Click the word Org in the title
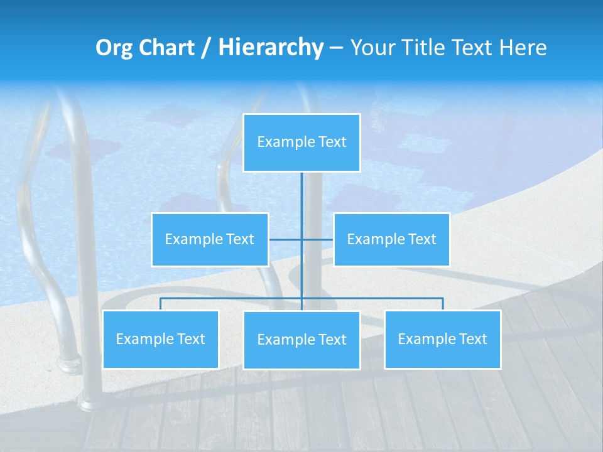(x=114, y=48)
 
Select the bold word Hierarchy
(x=271, y=48)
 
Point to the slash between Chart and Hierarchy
(x=206, y=48)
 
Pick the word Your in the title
(x=369, y=48)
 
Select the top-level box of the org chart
(x=301, y=143)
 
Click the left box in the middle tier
(x=210, y=239)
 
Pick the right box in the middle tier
(x=391, y=239)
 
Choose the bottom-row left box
(x=160, y=339)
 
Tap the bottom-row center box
(x=301, y=340)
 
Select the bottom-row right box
(x=442, y=339)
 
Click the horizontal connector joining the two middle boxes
(x=317, y=239)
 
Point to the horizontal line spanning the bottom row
(x=232, y=298)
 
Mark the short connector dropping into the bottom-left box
(x=160, y=304)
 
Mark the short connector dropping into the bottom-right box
(x=443, y=304)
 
